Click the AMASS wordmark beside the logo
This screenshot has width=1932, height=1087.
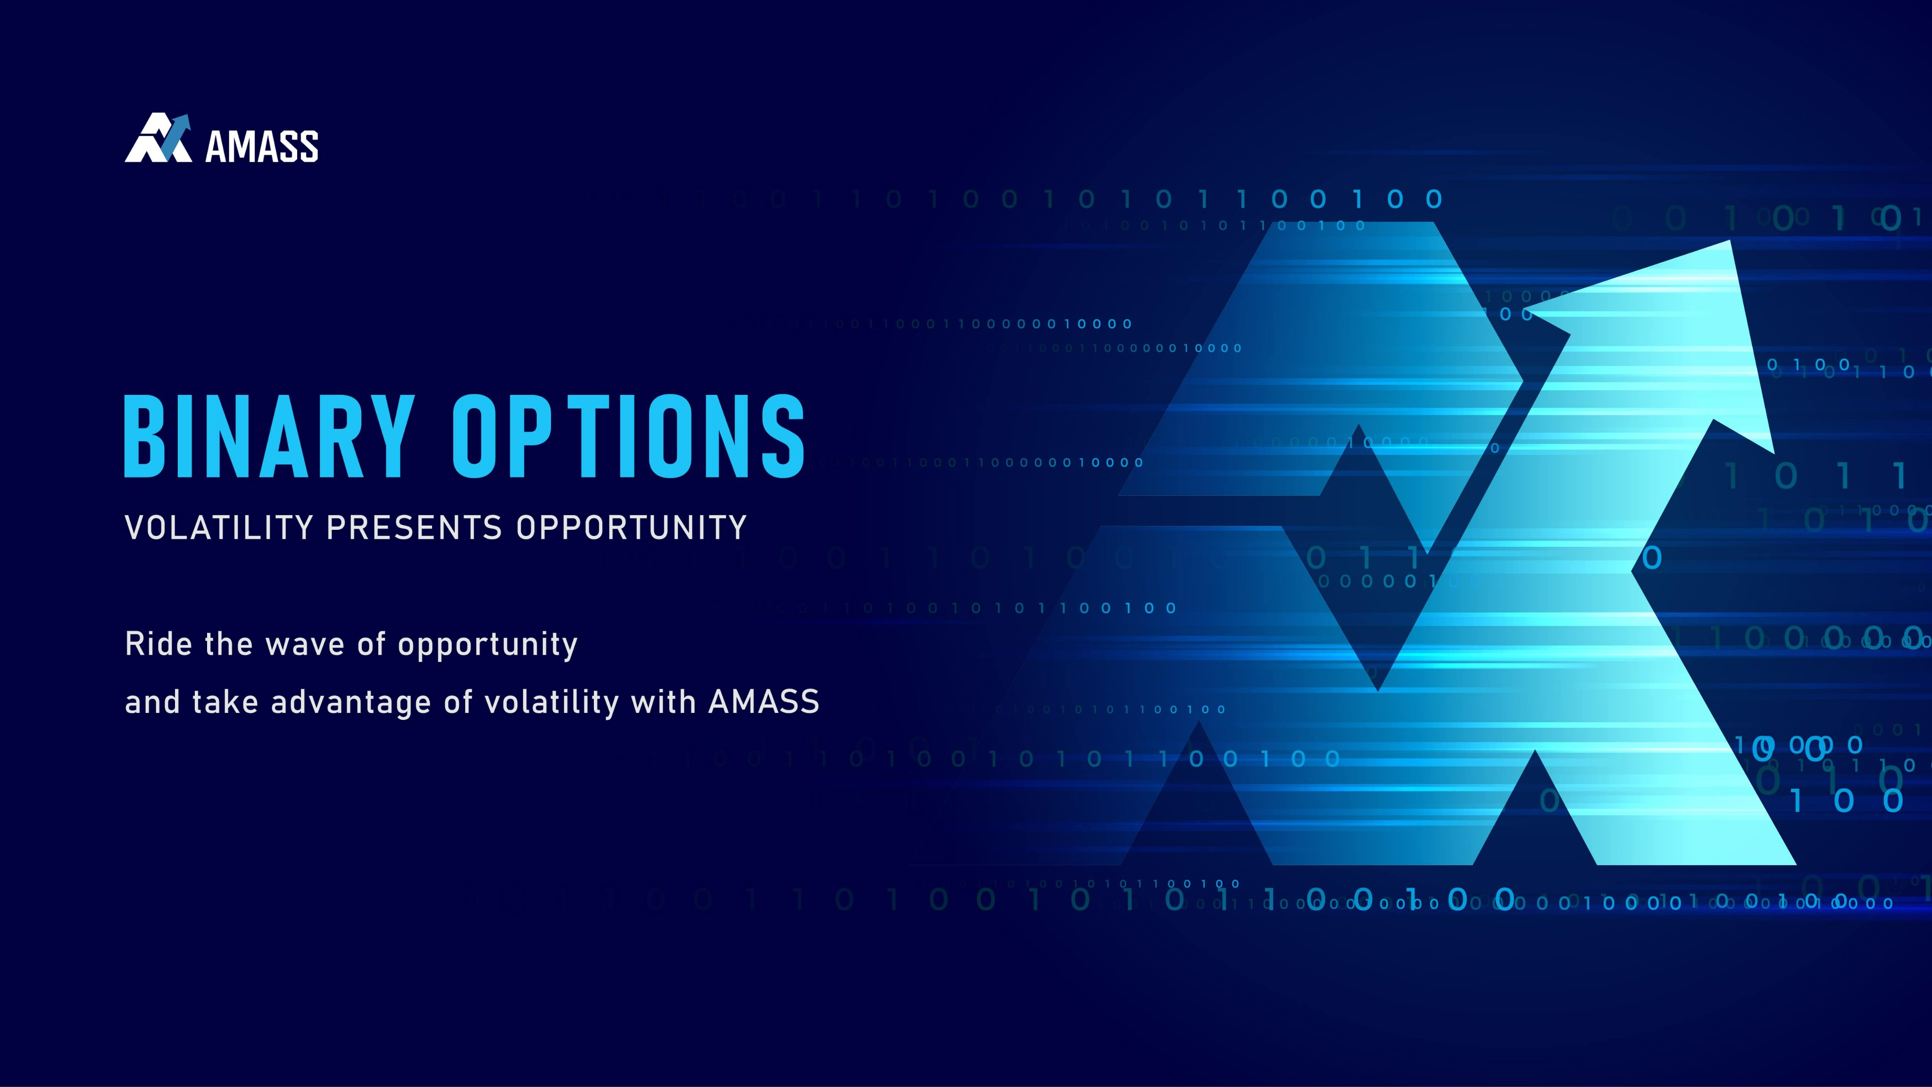click(262, 146)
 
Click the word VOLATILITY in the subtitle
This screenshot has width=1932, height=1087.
click(219, 527)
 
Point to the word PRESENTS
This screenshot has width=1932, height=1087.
click(414, 527)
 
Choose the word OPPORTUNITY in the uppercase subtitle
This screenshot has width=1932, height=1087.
click(632, 527)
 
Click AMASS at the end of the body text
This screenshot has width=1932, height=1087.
click(764, 702)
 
